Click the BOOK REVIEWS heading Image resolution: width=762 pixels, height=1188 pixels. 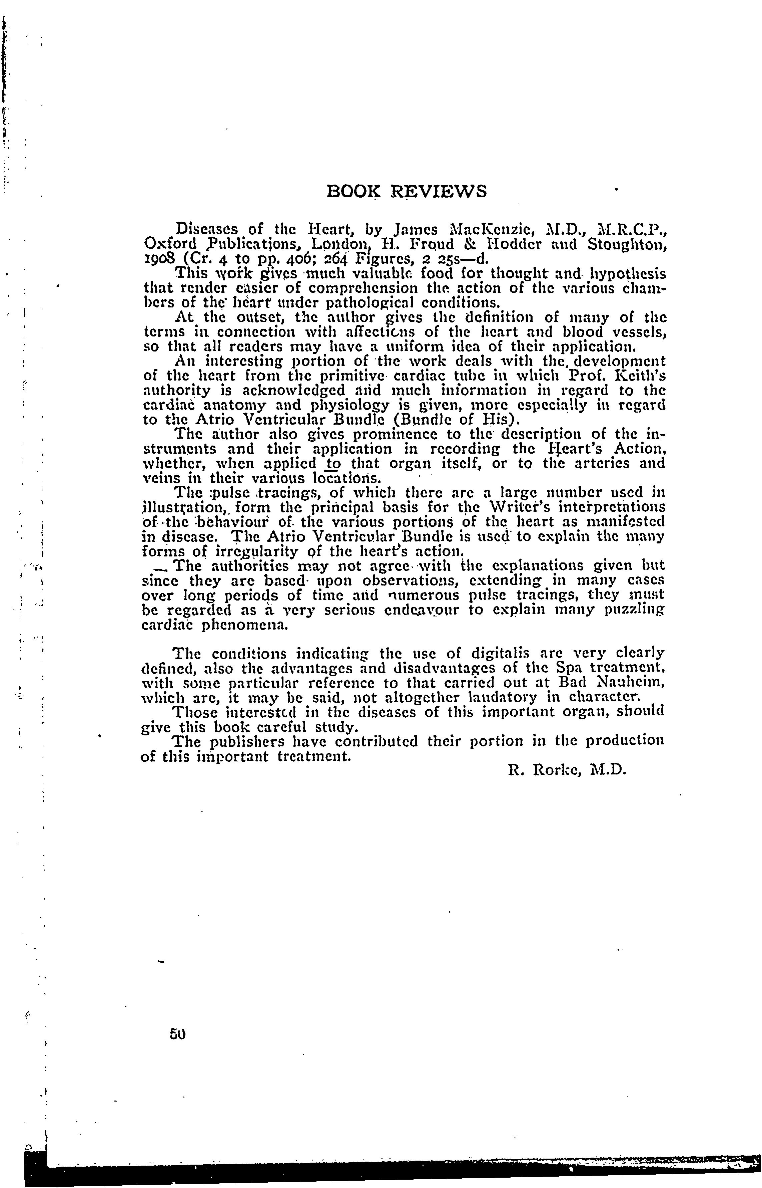click(x=407, y=191)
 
